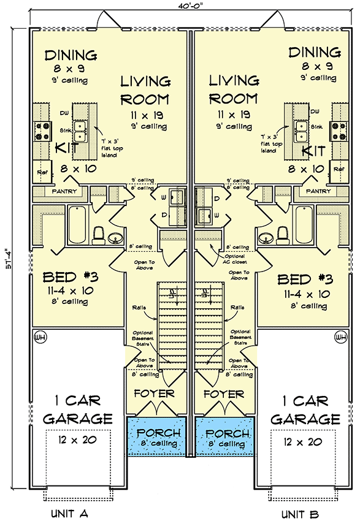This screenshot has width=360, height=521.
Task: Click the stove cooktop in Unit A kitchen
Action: [41, 129]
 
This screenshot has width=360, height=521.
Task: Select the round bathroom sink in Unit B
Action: [266, 237]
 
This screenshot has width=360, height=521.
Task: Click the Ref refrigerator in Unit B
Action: [338, 169]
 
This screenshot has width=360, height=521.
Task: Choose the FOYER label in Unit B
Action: [224, 394]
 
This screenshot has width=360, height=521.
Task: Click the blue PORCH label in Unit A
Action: [156, 433]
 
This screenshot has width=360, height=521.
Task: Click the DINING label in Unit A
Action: [71, 55]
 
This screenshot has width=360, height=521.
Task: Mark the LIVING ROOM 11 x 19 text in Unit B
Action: [233, 114]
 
